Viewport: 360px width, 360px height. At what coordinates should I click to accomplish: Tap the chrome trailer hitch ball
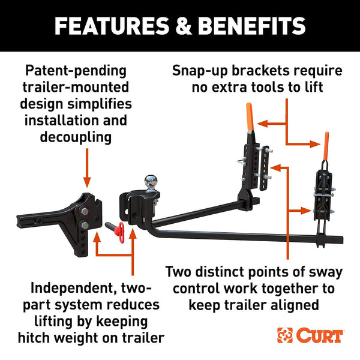149,181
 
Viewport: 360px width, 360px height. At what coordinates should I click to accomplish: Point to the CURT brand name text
319,335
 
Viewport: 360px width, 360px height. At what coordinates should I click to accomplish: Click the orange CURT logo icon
284,335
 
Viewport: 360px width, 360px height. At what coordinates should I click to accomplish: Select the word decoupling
76,137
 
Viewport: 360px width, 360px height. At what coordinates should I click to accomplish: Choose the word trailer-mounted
76,88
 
